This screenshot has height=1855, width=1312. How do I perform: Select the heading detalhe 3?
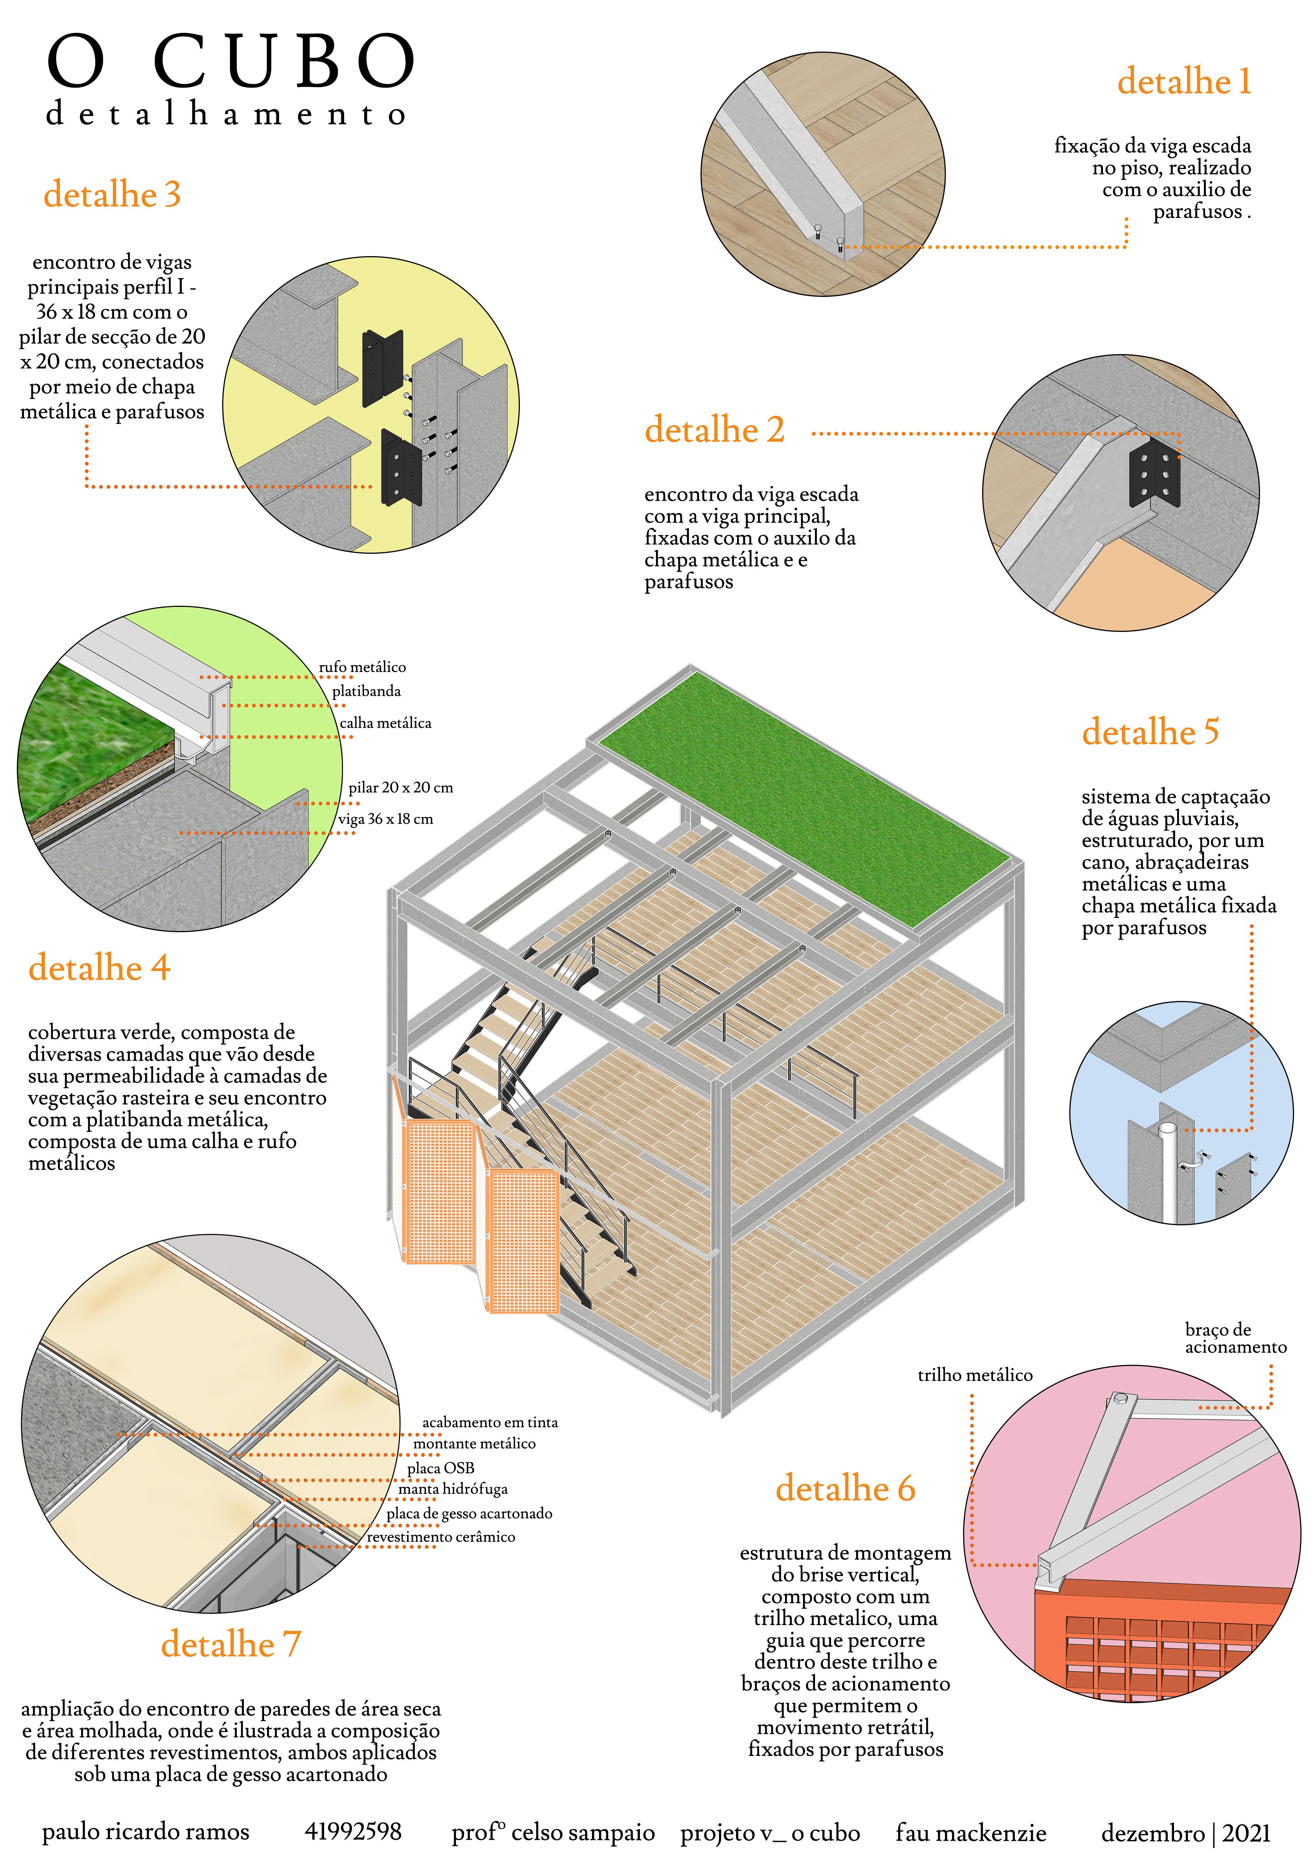(x=112, y=194)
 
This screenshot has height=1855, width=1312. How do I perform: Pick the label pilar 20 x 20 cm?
(x=401, y=787)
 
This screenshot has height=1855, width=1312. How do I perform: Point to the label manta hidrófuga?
(x=453, y=1488)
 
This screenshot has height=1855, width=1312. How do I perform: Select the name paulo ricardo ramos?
(x=145, y=1831)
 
